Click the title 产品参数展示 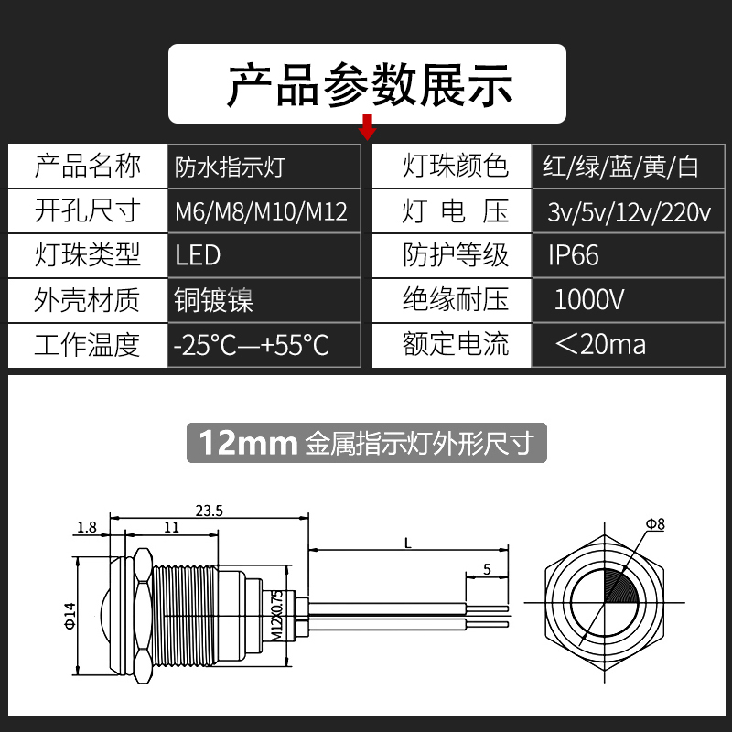tap(369, 83)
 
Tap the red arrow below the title tap(368, 129)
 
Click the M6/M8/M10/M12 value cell tap(262, 211)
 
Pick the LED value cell tap(198, 255)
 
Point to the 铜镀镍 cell tap(213, 299)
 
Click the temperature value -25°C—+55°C tap(251, 344)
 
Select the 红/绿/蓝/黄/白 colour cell tap(620, 167)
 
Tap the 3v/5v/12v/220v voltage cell tap(629, 212)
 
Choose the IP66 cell tap(574, 255)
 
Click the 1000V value tap(589, 299)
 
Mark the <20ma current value tap(600, 344)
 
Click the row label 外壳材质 tap(87, 299)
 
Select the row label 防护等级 tap(455, 255)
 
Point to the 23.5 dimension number tap(210, 511)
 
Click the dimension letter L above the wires tap(406, 543)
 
